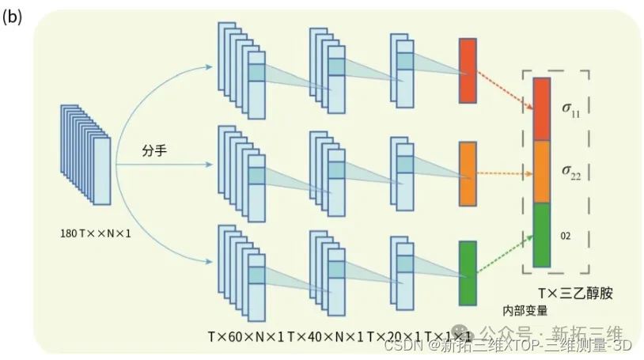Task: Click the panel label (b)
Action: pyautogui.click(x=13, y=17)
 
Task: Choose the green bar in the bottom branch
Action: pyautogui.click(x=468, y=273)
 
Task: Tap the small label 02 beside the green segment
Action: pyautogui.click(x=566, y=235)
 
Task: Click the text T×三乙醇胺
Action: pyautogui.click(x=577, y=294)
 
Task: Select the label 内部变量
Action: pyautogui.click(x=525, y=309)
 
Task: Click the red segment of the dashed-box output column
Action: pyautogui.click(x=541, y=108)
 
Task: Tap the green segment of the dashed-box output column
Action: pyautogui.click(x=541, y=235)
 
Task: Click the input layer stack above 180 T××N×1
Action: pyautogui.click(x=85, y=155)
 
